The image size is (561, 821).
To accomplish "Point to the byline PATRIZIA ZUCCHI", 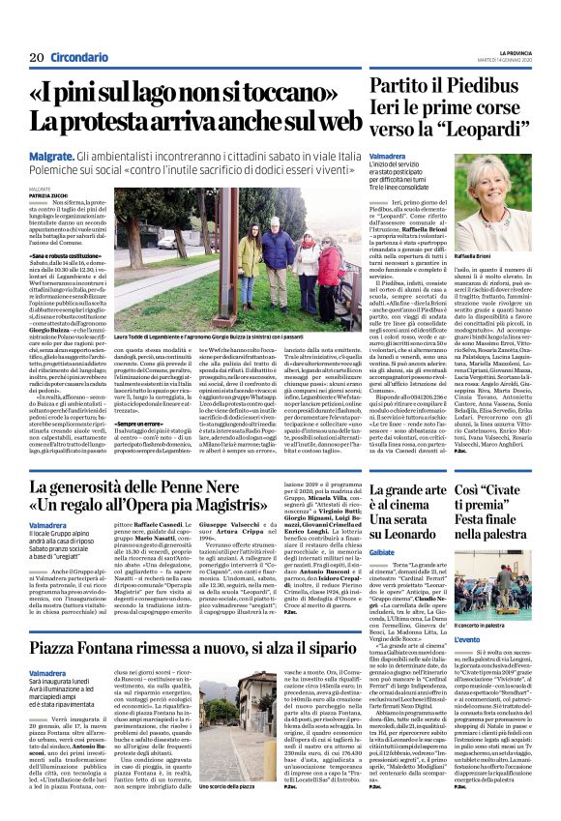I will click(47, 195).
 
